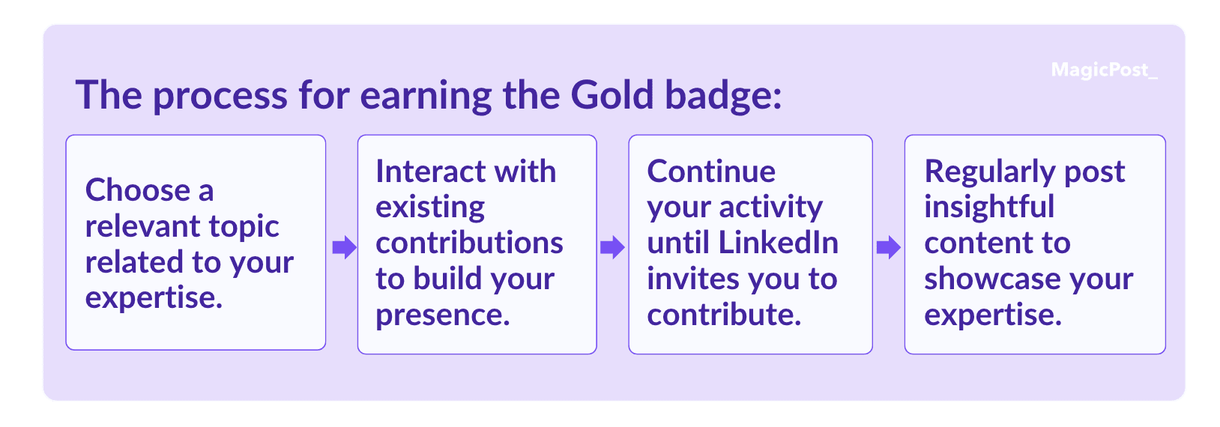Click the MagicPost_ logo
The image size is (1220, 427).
(x=1104, y=70)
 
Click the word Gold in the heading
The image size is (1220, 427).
(x=611, y=95)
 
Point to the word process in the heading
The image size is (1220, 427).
(x=220, y=99)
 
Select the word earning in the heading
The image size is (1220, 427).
(x=426, y=97)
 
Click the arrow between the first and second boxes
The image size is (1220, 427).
(x=344, y=247)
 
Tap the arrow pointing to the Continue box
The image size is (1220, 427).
(x=612, y=247)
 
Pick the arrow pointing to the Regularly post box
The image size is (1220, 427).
(x=888, y=247)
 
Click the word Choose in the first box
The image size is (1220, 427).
(x=139, y=190)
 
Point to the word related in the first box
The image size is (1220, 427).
(x=134, y=262)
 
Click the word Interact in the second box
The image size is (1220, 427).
(x=430, y=172)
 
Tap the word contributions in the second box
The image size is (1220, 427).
(x=469, y=243)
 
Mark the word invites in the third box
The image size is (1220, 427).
(x=692, y=279)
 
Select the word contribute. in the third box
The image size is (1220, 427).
(x=725, y=315)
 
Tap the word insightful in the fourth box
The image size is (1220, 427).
(x=990, y=208)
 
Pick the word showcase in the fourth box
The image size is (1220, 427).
(x=991, y=279)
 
